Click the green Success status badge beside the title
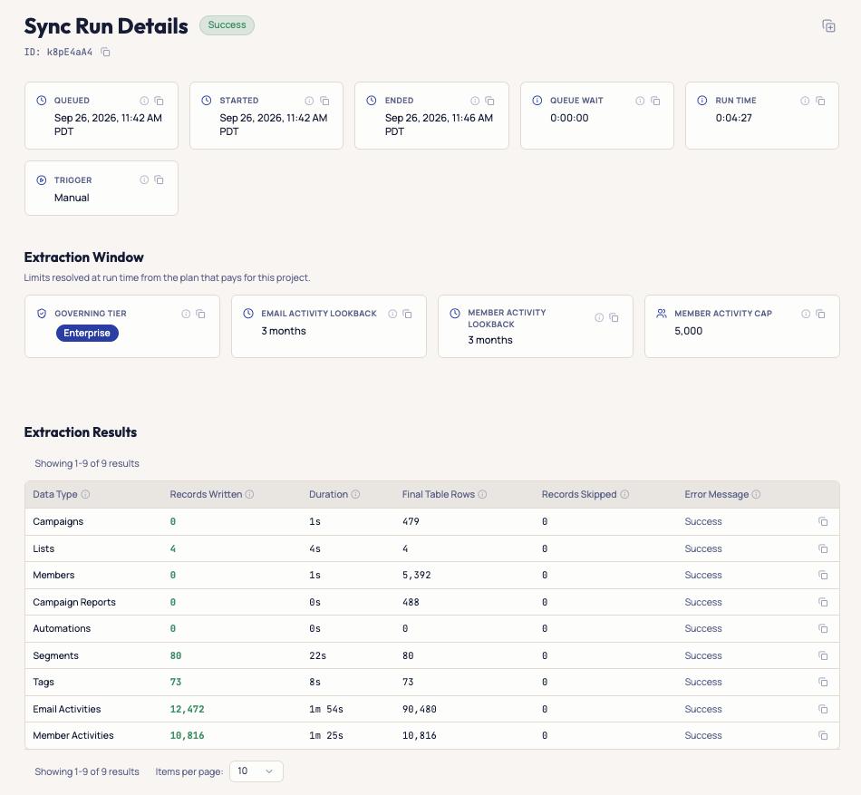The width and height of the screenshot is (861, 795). click(227, 25)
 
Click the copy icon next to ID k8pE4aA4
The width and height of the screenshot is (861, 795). click(105, 53)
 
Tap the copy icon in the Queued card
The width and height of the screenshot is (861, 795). click(159, 101)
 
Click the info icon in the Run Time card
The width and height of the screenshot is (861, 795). click(805, 101)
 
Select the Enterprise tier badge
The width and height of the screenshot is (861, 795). click(87, 333)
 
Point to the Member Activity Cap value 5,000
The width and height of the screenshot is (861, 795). click(688, 331)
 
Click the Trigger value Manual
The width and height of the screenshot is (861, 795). click(72, 198)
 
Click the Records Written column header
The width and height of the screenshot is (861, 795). click(206, 494)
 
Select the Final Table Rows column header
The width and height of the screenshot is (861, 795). click(438, 494)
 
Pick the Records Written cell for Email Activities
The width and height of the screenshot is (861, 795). click(187, 709)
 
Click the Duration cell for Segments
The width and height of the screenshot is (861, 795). click(317, 655)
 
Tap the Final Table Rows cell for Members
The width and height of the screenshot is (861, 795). click(416, 575)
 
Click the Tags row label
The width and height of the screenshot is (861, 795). click(44, 682)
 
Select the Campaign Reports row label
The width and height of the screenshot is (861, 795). click(74, 602)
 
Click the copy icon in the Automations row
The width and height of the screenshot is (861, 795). click(823, 628)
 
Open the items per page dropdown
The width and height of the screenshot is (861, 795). click(256, 771)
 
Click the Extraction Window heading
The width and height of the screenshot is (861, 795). click(84, 257)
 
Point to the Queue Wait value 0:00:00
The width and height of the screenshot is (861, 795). click(569, 118)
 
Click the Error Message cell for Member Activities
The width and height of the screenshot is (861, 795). click(703, 735)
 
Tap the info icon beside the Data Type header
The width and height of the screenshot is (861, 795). click(85, 494)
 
